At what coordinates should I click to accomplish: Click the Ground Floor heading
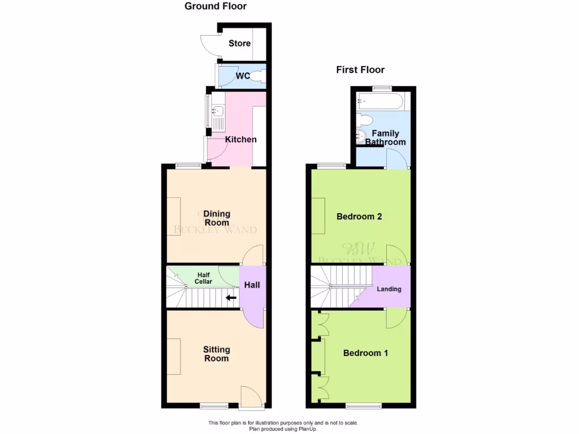(x=215, y=6)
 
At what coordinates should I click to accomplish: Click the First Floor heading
(x=360, y=70)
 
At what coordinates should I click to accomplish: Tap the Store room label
(x=239, y=44)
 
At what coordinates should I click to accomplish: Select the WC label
(x=243, y=76)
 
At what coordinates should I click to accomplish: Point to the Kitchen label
(x=241, y=140)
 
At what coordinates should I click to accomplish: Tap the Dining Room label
(x=217, y=218)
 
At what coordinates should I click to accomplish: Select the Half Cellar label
(x=203, y=278)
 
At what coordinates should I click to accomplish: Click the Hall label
(x=252, y=285)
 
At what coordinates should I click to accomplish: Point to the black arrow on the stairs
(x=231, y=298)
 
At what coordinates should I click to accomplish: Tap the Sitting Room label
(x=217, y=354)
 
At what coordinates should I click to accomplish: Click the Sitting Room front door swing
(x=250, y=395)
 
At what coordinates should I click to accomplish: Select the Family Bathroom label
(x=385, y=138)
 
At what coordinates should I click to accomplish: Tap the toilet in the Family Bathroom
(x=365, y=120)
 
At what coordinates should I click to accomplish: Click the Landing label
(x=389, y=289)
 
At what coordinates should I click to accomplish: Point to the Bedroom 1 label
(x=366, y=353)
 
